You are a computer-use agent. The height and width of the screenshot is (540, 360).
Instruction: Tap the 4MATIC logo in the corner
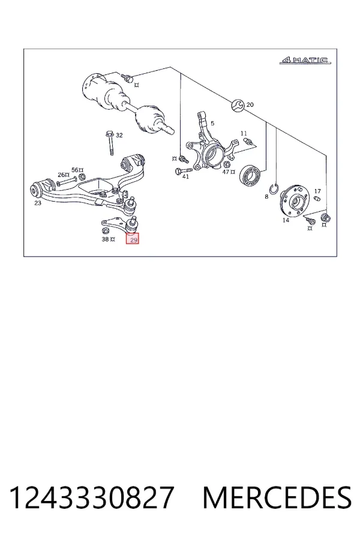pos(305,61)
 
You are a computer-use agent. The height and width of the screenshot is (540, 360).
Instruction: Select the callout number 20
pos(250,104)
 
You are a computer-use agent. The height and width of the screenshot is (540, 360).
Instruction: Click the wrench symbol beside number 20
pos(238,105)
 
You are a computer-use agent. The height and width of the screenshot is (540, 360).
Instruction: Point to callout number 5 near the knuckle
pos(212,123)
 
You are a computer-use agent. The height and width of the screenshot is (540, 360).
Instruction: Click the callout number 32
pos(119,136)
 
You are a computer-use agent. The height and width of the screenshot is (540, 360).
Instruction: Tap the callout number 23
pos(38,203)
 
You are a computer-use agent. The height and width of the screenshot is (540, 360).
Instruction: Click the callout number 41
pos(185,176)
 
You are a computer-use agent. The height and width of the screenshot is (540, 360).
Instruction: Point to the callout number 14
pos(286,220)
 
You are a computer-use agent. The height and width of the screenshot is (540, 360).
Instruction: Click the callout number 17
pos(317,191)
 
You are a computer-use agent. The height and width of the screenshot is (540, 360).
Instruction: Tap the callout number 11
pos(244,133)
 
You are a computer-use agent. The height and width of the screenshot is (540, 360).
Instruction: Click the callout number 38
pos(105,239)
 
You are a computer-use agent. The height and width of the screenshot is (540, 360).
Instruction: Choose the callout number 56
pos(75,169)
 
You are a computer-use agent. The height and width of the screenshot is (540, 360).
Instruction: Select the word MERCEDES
pos(277,497)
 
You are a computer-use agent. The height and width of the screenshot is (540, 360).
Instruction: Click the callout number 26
pos(61,175)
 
